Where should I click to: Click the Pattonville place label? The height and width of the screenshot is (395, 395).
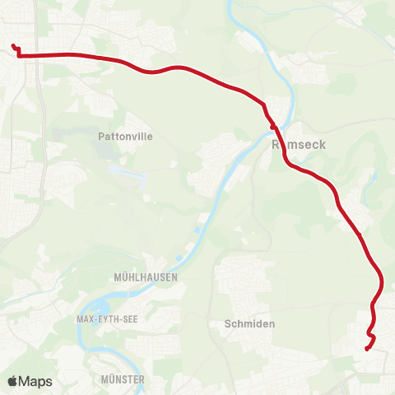[125, 137]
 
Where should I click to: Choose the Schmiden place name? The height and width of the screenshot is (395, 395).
[249, 324]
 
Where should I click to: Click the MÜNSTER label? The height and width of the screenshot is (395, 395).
[121, 379]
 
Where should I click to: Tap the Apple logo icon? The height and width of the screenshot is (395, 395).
[12, 381]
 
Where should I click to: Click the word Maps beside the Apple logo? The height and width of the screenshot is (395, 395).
[36, 381]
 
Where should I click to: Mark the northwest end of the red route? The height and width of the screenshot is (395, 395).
[13, 46]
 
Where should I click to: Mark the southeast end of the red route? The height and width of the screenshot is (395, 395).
[366, 348]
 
